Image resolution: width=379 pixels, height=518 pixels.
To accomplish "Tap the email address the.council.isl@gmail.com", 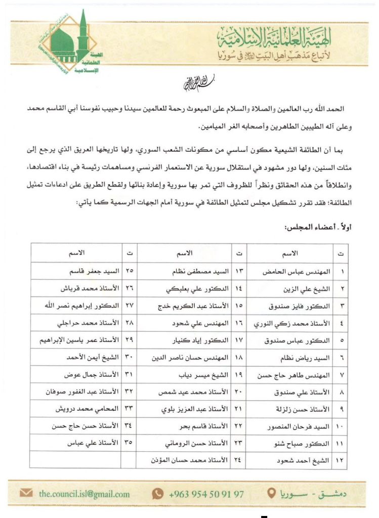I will [x=85, y=493].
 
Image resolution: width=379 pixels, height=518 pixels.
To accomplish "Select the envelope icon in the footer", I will [x=27, y=493].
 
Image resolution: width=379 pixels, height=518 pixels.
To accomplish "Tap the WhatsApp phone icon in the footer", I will [x=158, y=493].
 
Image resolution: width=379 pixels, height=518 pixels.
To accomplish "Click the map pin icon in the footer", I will [x=272, y=493].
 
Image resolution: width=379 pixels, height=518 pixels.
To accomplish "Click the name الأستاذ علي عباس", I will [x=93, y=442].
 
